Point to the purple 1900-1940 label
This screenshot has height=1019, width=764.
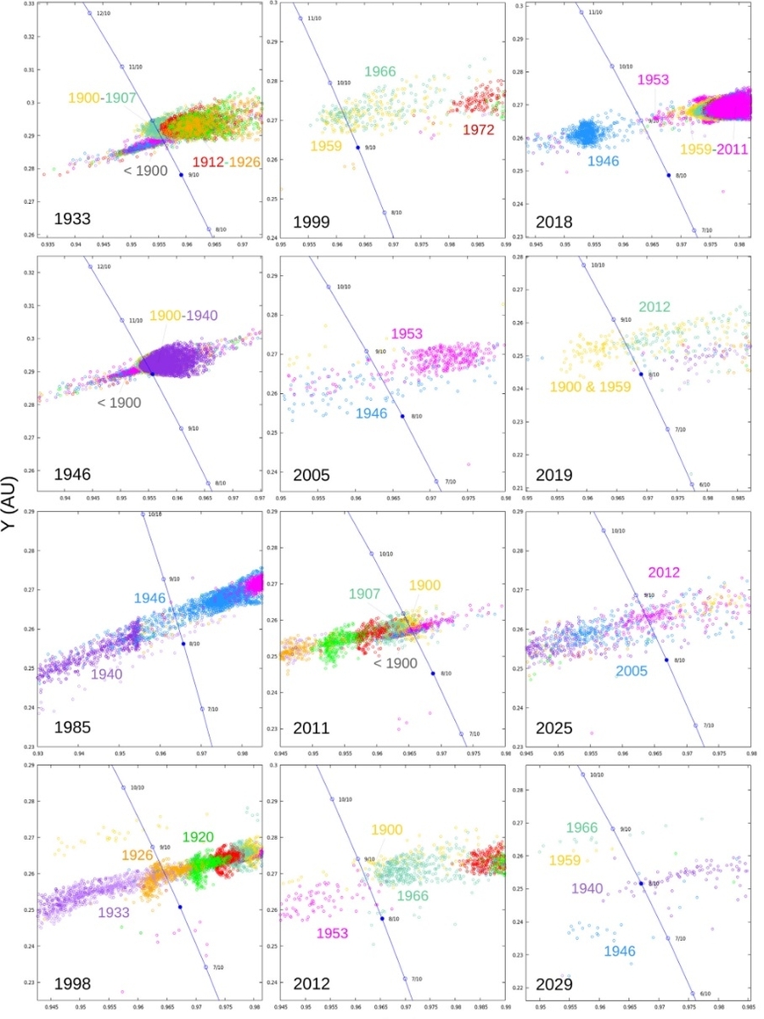point(183,316)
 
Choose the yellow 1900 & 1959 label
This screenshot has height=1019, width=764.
point(593,387)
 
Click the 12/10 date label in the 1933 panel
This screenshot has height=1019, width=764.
point(104,14)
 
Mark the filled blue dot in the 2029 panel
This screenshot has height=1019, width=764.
point(641,884)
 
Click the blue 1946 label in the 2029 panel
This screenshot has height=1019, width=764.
point(620,951)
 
